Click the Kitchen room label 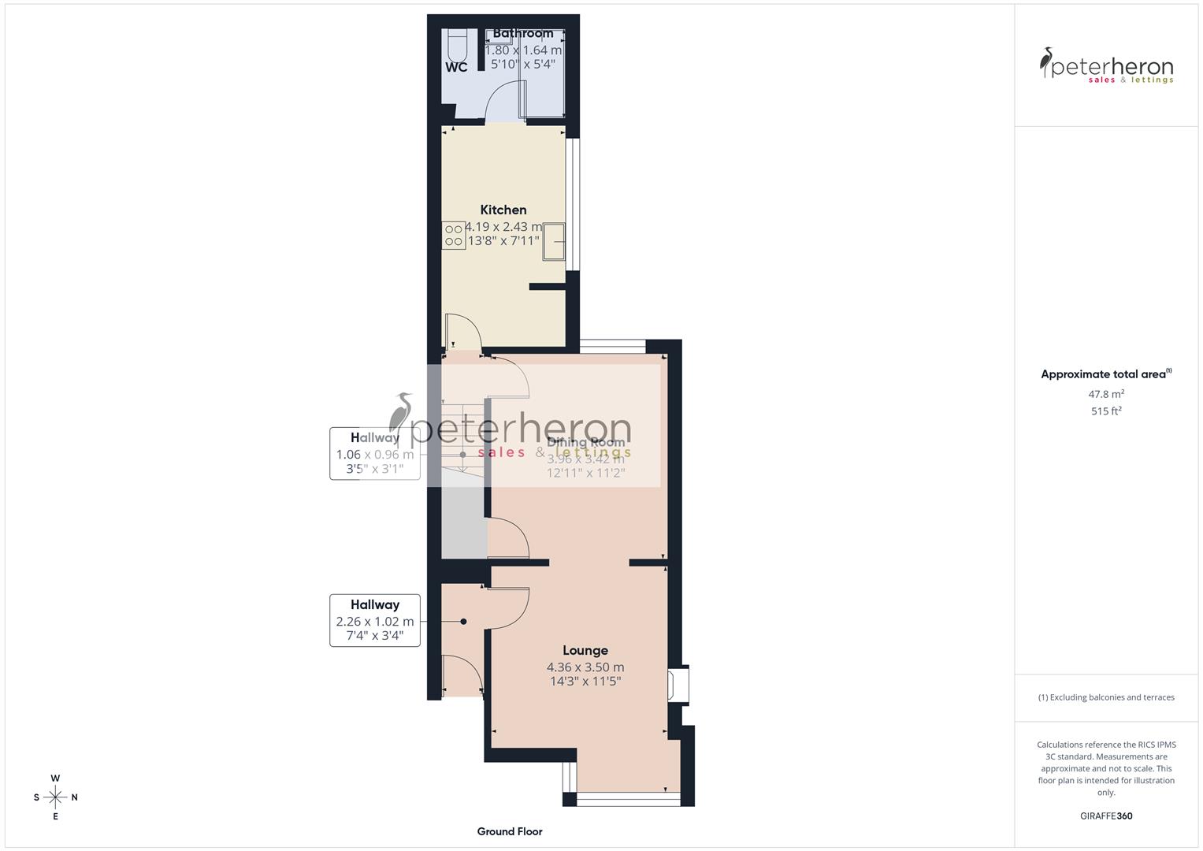(x=503, y=210)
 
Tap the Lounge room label (x=585, y=650)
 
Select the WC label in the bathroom (x=456, y=68)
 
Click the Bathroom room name (x=523, y=33)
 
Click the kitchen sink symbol (x=554, y=240)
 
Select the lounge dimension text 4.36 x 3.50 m (x=585, y=667)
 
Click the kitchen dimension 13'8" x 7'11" (x=503, y=241)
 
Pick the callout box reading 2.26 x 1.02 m (x=375, y=620)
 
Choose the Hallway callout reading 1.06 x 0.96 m (x=375, y=453)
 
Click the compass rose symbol (x=55, y=797)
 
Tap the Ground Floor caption (x=510, y=831)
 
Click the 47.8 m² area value (x=1106, y=394)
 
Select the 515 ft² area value (x=1106, y=411)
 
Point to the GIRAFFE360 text (x=1106, y=816)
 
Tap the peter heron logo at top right (x=1106, y=66)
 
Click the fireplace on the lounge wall (x=678, y=684)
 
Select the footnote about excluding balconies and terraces (x=1106, y=697)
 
